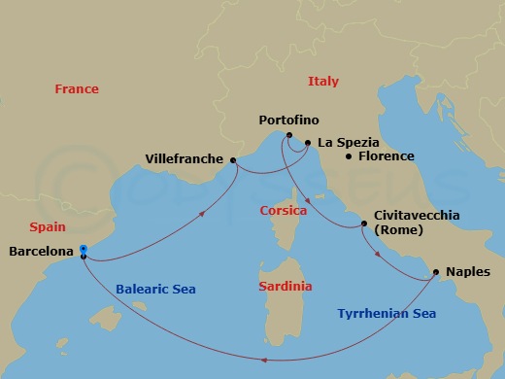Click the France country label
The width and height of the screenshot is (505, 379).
[77, 89]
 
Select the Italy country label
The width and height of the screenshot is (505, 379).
[322, 82]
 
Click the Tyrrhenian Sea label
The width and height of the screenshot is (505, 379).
[387, 314]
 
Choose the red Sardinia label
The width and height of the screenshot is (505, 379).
[286, 287]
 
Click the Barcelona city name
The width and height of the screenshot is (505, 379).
[41, 252]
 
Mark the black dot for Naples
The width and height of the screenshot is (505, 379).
[436, 272]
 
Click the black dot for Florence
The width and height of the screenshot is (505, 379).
[350, 156]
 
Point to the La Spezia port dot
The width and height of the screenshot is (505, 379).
[308, 143]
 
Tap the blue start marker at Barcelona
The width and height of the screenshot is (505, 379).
[84, 250]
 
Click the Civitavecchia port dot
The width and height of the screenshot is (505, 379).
[364, 224]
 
